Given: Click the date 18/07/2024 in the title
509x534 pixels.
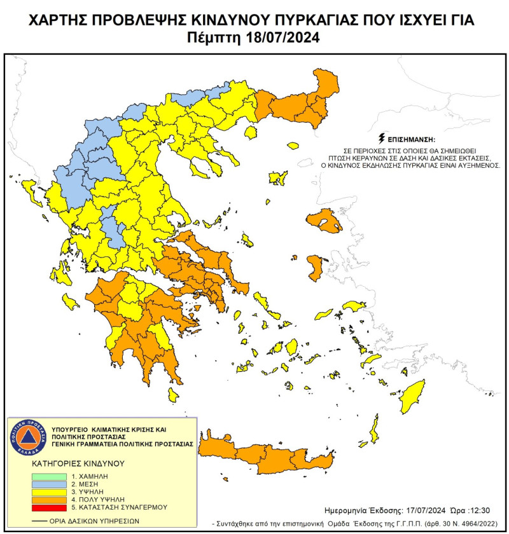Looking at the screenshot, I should pyautogui.click(x=280, y=38).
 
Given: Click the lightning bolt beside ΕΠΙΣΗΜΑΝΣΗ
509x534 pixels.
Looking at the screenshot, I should pyautogui.click(x=381, y=137).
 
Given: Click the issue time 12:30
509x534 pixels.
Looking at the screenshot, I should pyautogui.click(x=458, y=510).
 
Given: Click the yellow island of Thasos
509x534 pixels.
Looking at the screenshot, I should pyautogui.click(x=250, y=132).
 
